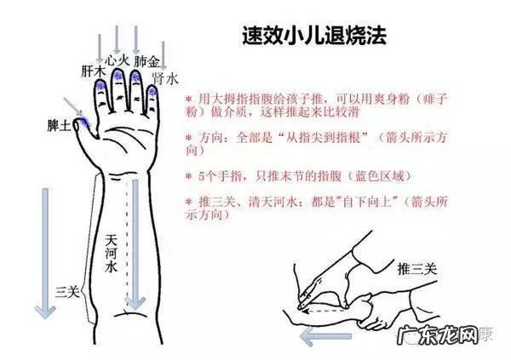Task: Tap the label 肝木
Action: pos(93,71)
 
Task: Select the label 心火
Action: pos(118,61)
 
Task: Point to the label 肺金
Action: pos(146,62)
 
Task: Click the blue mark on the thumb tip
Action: pos(83,123)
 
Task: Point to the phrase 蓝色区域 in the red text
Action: pos(380,175)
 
